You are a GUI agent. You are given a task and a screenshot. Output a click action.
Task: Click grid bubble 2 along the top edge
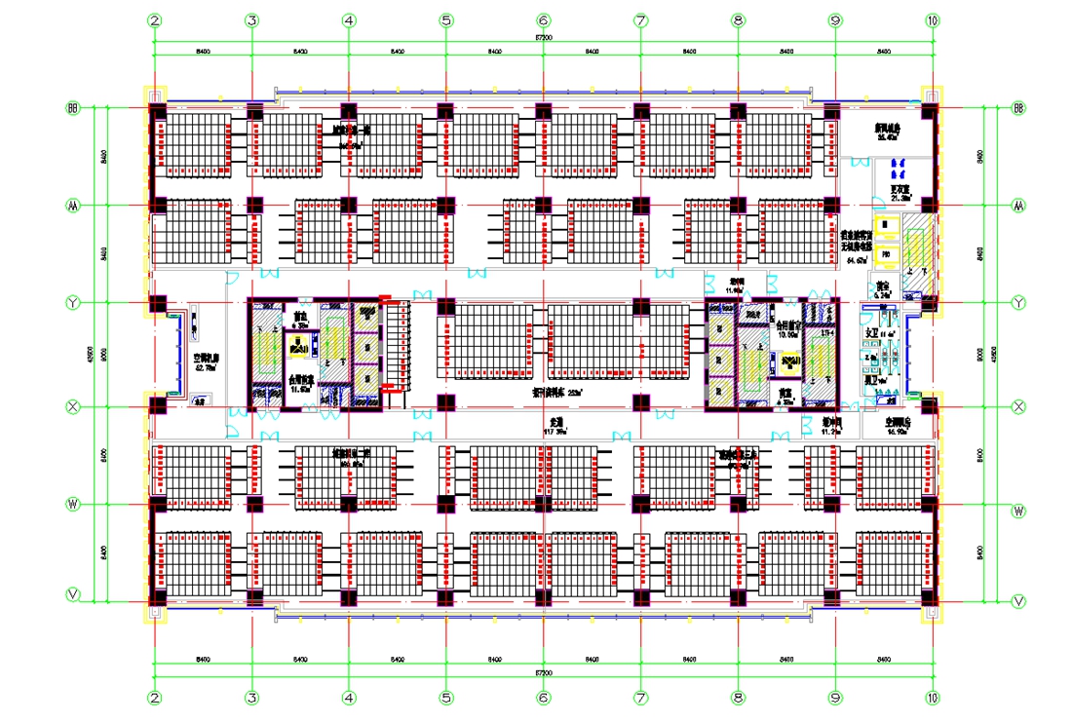(154, 19)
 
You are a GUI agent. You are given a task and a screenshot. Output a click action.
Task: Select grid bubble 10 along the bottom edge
(933, 698)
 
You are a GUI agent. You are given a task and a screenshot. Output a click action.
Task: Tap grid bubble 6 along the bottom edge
(543, 698)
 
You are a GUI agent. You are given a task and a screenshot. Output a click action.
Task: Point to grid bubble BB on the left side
(72, 107)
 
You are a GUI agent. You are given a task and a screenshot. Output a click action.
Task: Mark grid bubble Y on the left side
(72, 303)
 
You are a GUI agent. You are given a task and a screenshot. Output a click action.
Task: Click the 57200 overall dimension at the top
(543, 37)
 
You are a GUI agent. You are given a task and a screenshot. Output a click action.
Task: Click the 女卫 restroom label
(872, 333)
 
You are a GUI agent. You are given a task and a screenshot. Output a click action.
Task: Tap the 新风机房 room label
(887, 132)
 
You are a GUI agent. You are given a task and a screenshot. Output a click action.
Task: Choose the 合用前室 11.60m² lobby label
(300, 383)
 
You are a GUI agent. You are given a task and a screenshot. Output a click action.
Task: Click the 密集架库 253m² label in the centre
(556, 392)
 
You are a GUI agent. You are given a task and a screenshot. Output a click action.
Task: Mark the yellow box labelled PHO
(886, 255)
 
